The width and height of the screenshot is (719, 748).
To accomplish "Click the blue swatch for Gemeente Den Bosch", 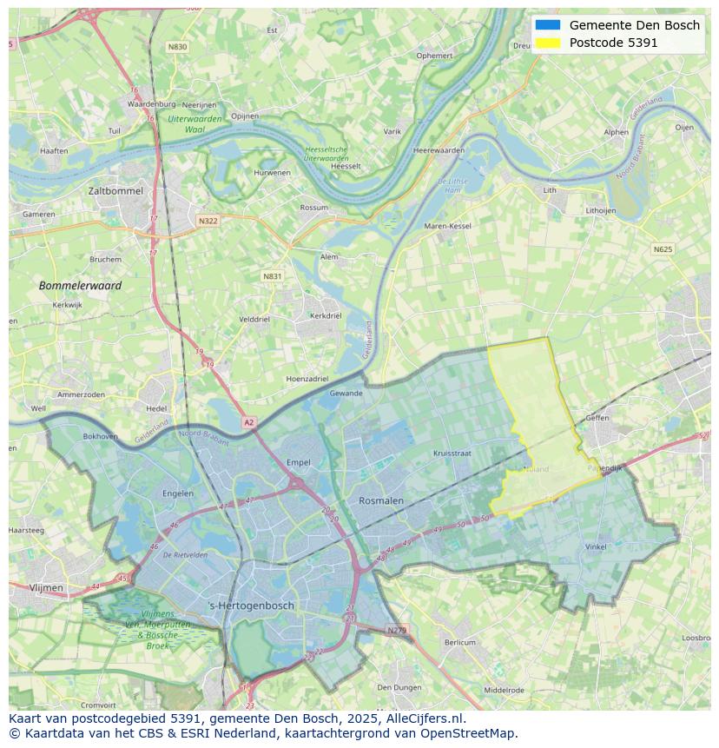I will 548,25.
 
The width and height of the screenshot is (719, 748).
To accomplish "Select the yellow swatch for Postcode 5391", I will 548,43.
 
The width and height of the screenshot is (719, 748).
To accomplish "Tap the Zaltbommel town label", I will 115,190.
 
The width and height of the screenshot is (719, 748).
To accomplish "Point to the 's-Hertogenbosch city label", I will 252,606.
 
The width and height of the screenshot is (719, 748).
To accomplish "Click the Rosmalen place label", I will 381,500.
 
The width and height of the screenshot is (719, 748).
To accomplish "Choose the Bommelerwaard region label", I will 80,285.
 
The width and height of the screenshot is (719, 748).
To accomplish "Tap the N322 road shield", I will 208,221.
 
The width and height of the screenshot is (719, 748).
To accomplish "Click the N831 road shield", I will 273,276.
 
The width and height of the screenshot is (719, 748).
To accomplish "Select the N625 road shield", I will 663,249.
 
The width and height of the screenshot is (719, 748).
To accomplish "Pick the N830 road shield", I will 177,47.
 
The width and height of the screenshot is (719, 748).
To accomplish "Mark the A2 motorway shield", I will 249,422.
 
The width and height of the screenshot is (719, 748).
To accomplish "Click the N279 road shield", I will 396,630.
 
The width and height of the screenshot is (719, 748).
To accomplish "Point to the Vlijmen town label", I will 46,588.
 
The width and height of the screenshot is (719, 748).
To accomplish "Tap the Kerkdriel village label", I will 326,315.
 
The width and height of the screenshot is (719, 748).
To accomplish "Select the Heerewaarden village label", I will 439,150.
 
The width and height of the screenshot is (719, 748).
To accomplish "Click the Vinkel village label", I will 596,546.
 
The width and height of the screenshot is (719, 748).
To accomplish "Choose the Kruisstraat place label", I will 452,453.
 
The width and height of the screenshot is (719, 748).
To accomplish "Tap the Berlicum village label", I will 459,643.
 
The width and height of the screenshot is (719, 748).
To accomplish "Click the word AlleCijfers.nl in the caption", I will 425,718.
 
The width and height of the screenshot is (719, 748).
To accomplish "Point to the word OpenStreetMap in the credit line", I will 470,733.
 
